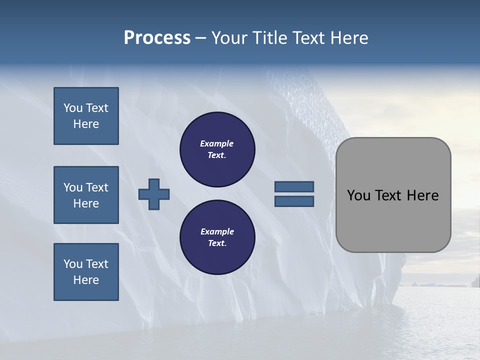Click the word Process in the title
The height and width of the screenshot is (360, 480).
[157, 38]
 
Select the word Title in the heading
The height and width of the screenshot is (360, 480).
[270, 38]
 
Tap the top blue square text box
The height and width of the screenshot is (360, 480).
[86, 116]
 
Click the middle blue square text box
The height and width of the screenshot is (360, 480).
[86, 195]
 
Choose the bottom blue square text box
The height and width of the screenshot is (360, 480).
[86, 272]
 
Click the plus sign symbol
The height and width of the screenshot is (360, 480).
[154, 194]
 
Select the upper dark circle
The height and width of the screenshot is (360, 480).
[217, 149]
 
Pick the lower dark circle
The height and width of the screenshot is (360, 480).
[217, 237]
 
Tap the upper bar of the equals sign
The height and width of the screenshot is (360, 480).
[294, 186]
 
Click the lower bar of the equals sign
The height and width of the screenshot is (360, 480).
[294, 201]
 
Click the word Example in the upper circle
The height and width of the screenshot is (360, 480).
[217, 143]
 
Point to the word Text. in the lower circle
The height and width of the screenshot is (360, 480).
[217, 243]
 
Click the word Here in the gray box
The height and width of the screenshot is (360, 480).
[422, 195]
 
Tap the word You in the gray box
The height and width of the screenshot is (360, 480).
[358, 195]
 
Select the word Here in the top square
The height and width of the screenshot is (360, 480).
[86, 124]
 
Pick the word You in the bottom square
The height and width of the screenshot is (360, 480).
[72, 264]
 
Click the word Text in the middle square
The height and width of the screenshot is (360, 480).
[96, 187]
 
